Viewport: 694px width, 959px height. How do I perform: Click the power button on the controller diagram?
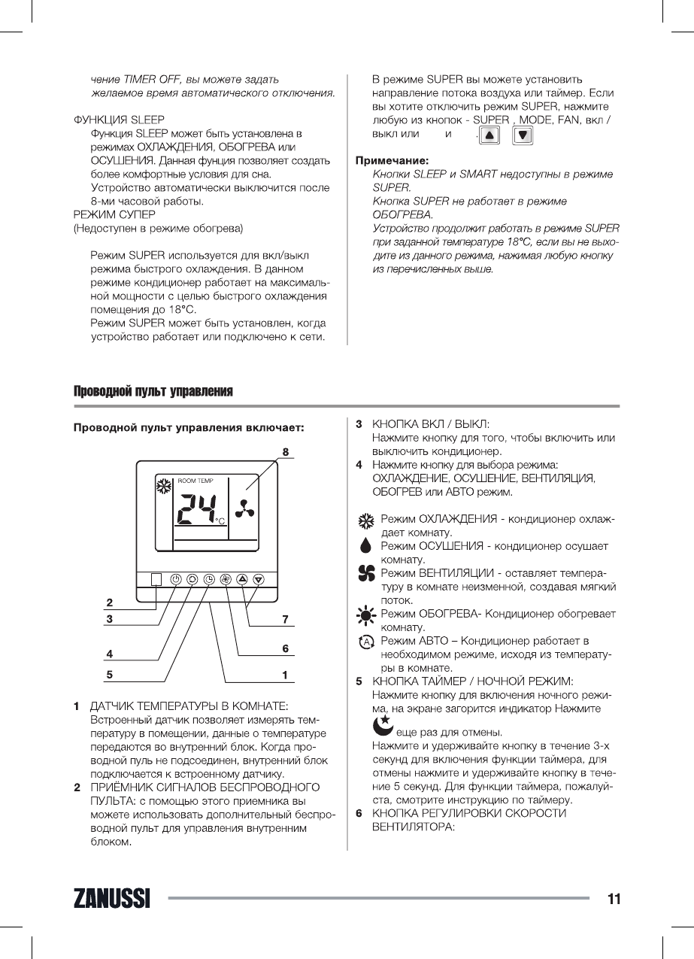[175, 579]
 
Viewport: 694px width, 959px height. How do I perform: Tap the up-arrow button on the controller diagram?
[242, 579]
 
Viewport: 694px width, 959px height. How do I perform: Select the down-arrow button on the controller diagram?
[259, 579]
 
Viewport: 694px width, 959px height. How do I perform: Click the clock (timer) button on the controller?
[208, 579]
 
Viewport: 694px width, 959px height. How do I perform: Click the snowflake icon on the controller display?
[163, 485]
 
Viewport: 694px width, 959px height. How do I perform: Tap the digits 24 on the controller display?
[195, 511]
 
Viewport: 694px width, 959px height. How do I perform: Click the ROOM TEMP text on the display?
[195, 480]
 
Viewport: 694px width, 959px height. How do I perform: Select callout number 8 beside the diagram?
[286, 452]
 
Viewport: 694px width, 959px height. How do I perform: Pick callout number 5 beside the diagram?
[110, 675]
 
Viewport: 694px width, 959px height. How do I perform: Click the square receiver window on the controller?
[156, 579]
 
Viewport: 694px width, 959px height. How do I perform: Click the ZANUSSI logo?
[112, 899]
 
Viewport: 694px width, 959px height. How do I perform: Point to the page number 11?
[614, 899]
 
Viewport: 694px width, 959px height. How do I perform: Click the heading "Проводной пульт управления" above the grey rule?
[153, 392]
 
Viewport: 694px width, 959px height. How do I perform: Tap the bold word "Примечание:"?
[392, 160]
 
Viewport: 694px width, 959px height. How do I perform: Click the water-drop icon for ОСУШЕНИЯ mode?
[366, 547]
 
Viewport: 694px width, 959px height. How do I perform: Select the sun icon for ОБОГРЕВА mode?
[366, 616]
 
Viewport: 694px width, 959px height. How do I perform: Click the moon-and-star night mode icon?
[383, 727]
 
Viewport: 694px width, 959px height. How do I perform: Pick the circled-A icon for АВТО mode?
[366, 642]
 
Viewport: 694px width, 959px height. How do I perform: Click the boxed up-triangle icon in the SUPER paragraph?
[489, 136]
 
